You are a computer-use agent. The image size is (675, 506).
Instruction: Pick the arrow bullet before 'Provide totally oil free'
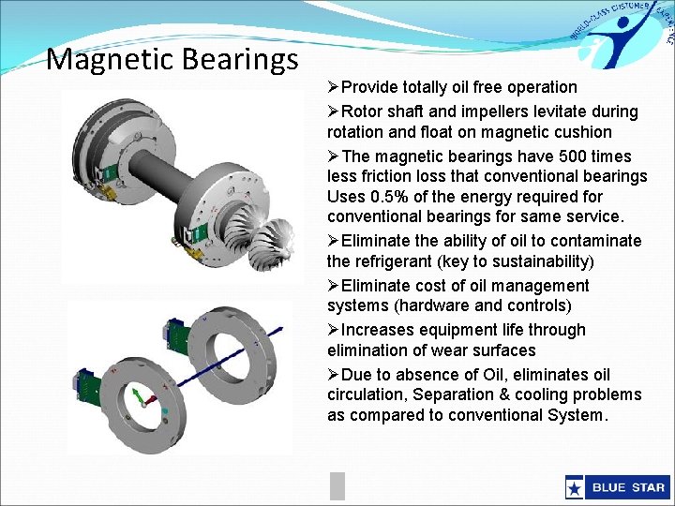pyautogui.click(x=334, y=87)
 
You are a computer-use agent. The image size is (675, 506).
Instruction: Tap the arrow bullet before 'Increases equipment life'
pyautogui.click(x=334, y=330)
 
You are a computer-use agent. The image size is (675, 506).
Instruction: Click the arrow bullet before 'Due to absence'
pyautogui.click(x=334, y=375)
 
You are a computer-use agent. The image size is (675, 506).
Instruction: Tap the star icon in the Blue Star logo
pyautogui.click(x=574, y=487)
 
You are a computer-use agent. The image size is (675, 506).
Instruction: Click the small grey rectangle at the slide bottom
pyautogui.click(x=337, y=485)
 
